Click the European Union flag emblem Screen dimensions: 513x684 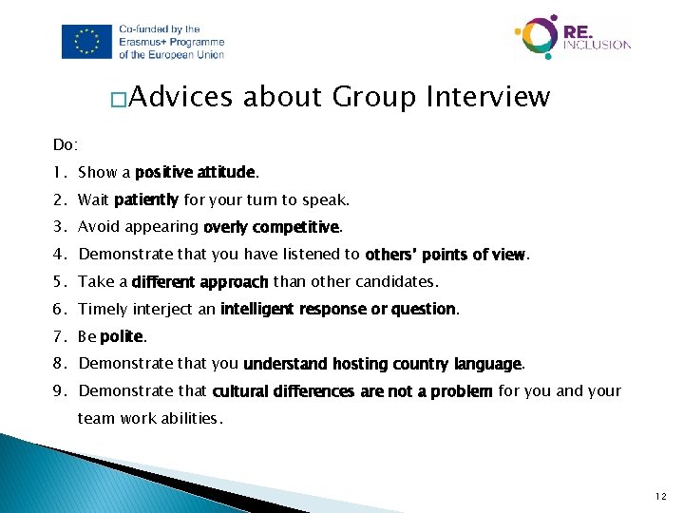point(88,42)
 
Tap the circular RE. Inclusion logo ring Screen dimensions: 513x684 point(537,37)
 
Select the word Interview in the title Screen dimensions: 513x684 point(488,97)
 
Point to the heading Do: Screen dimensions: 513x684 point(66,145)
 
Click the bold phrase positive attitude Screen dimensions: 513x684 point(195,173)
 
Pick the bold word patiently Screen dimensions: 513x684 point(145,200)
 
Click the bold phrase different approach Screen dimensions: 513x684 point(199,282)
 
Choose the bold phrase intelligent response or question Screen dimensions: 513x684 point(338,309)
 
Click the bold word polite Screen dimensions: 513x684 point(122,336)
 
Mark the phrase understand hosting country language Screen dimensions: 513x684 point(383,364)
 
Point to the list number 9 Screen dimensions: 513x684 point(59,391)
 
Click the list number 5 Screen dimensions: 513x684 point(59,282)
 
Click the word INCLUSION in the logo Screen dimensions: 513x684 point(597,44)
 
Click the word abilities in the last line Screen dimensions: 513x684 point(190,418)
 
